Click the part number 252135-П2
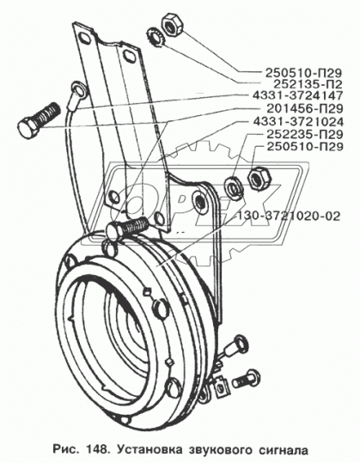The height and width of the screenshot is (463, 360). point(307,84)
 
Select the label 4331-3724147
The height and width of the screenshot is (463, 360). point(297,95)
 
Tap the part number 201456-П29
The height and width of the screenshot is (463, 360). point(305,108)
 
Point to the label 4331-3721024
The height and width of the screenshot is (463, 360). point(298,122)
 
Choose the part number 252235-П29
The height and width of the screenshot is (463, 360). point(305,134)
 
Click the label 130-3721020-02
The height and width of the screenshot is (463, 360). point(288,216)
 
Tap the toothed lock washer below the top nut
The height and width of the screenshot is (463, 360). point(156,37)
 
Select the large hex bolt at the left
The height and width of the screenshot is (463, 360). point(39,119)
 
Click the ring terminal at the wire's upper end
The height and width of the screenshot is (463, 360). point(78,88)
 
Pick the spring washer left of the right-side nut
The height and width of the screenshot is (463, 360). point(235,187)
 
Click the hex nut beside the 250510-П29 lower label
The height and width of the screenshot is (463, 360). point(260,178)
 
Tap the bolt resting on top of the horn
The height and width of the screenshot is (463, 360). point(127,226)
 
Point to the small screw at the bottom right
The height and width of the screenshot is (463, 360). point(246,379)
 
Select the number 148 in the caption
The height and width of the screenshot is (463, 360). point(95,450)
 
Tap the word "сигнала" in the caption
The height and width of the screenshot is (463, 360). point(284,450)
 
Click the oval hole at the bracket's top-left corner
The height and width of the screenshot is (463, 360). point(84,38)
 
